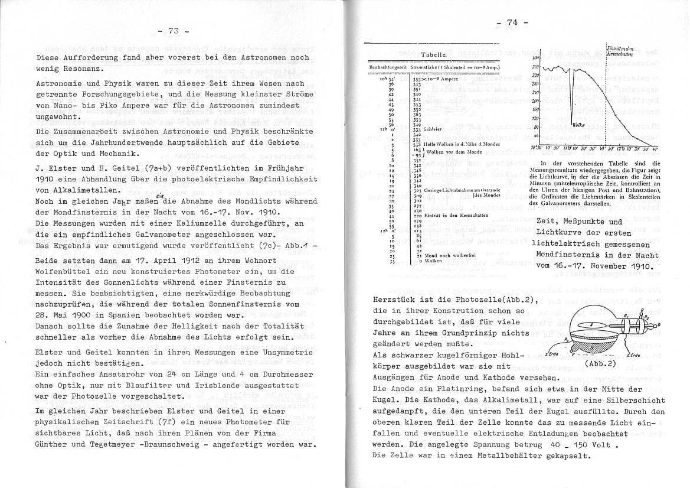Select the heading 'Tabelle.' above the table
coord(433,54)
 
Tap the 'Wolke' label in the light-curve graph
coord(578,125)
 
